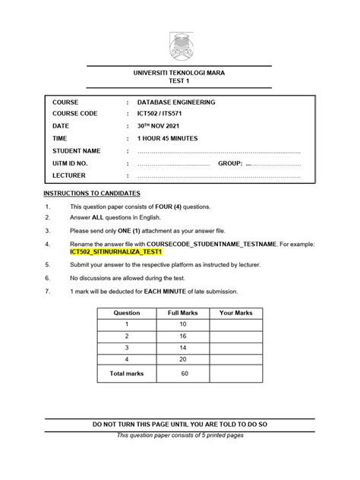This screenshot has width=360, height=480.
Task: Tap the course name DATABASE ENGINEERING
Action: (x=176, y=103)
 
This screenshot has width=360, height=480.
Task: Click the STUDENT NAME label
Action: (x=76, y=151)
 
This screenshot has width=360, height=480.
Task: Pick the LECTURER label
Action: (x=69, y=175)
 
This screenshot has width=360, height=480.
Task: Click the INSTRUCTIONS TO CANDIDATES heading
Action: (x=91, y=194)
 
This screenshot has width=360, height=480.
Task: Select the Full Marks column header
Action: (x=182, y=313)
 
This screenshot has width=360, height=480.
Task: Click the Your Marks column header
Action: (x=235, y=313)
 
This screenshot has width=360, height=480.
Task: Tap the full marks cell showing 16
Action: (x=182, y=336)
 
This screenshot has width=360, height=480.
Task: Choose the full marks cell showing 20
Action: (x=182, y=358)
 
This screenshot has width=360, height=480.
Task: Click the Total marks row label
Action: (x=126, y=374)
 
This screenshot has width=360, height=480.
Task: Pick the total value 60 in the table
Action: (x=182, y=374)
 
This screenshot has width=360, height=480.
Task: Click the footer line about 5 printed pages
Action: (x=180, y=435)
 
